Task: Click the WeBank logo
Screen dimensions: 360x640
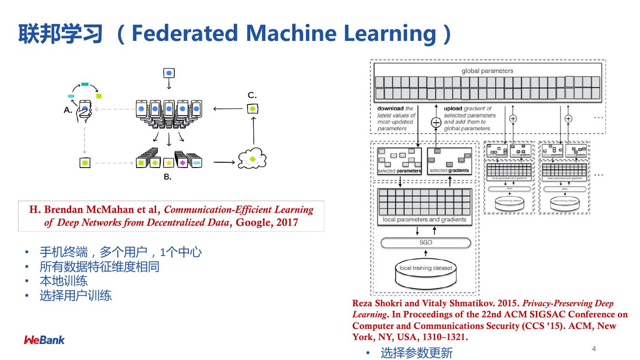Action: pyautogui.click(x=44, y=340)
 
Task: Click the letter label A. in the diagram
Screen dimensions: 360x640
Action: pyautogui.click(x=68, y=110)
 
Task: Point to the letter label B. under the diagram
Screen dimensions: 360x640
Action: pyautogui.click(x=167, y=177)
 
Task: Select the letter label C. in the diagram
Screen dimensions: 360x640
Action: pyautogui.click(x=252, y=96)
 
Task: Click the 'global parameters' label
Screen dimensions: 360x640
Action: pyautogui.click(x=487, y=71)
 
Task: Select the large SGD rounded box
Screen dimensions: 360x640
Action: pyautogui.click(x=425, y=243)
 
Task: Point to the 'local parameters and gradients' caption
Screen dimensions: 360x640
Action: pyautogui.click(x=424, y=220)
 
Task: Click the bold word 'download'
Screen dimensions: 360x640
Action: pyautogui.click(x=390, y=108)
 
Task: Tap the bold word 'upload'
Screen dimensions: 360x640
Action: pyautogui.click(x=453, y=108)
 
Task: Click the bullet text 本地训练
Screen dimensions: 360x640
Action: pyautogui.click(x=64, y=281)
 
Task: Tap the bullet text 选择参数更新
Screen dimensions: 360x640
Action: pyautogui.click(x=416, y=353)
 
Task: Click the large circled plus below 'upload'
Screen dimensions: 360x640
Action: pyautogui.click(x=436, y=123)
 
